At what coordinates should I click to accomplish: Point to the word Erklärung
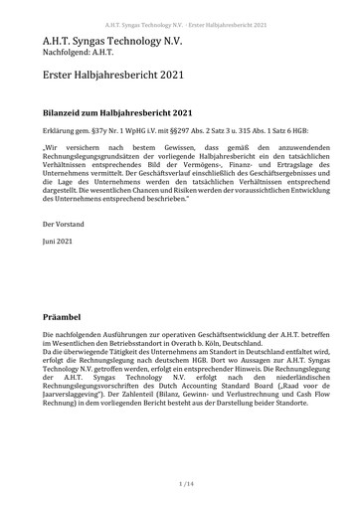pos(58,131)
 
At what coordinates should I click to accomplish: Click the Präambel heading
pos(66,314)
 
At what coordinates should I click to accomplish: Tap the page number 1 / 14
pos(179,484)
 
